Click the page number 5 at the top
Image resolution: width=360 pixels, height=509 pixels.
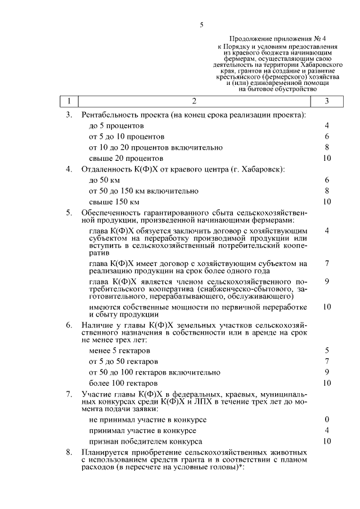(x=201, y=25)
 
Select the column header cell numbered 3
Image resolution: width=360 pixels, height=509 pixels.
(x=326, y=101)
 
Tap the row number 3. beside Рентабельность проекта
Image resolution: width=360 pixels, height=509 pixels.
(x=69, y=115)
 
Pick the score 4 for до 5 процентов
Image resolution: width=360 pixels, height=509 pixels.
(x=326, y=125)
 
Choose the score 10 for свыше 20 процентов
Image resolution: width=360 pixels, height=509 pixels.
(x=326, y=158)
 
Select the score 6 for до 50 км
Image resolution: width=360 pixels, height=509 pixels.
(x=326, y=180)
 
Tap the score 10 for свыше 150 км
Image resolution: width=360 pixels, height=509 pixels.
(x=326, y=201)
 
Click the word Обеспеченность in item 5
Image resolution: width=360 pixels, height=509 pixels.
(x=109, y=213)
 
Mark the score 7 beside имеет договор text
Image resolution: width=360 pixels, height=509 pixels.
(x=326, y=263)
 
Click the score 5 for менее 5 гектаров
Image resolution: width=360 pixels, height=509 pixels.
(x=326, y=350)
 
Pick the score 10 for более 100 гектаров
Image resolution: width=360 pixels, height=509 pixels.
(x=326, y=383)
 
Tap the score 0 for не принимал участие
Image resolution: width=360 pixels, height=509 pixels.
(x=326, y=420)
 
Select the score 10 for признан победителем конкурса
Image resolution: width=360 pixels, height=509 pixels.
(x=326, y=442)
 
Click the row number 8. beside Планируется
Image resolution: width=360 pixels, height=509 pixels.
(x=69, y=452)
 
